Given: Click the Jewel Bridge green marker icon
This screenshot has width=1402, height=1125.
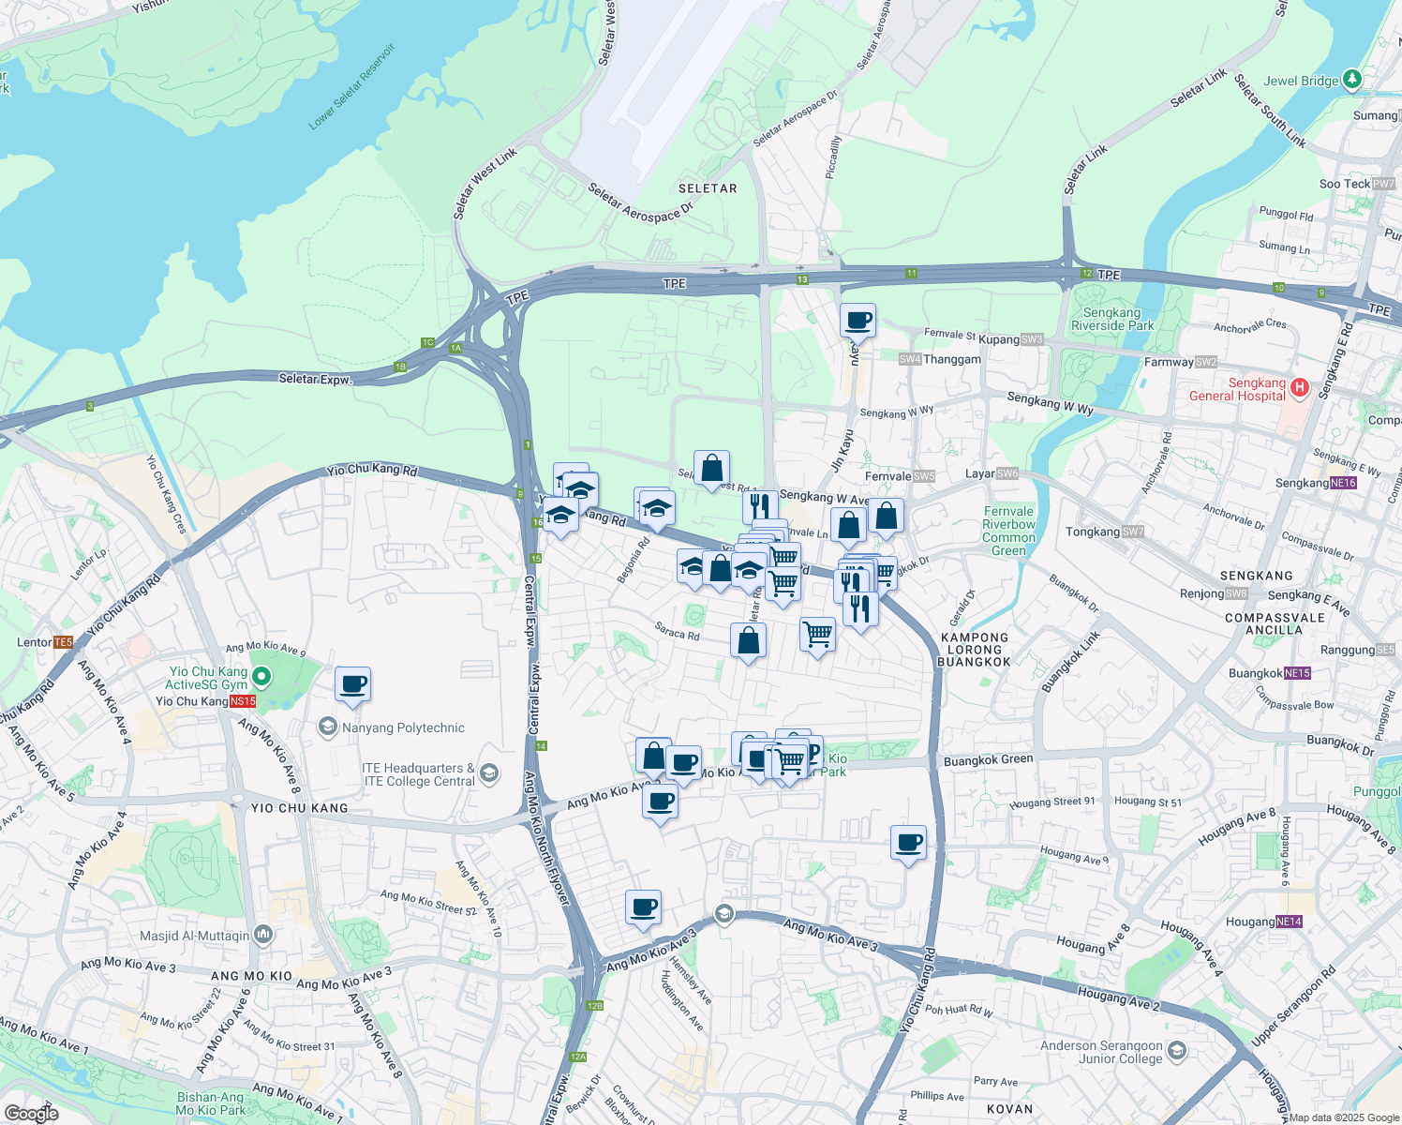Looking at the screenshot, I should pyautogui.click(x=1351, y=80).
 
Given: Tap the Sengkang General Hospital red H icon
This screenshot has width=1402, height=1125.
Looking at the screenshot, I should pyautogui.click(x=1299, y=387).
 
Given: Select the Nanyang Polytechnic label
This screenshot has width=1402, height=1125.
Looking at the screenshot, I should pyautogui.click(x=403, y=727).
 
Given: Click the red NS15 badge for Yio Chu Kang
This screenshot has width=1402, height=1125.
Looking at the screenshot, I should pyautogui.click(x=243, y=701).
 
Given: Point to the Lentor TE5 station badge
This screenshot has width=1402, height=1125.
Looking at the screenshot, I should pyautogui.click(x=63, y=642).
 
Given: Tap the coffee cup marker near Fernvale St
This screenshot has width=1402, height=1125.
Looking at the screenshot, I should pyautogui.click(x=858, y=321).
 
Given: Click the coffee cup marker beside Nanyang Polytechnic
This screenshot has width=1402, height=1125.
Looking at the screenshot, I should pyautogui.click(x=353, y=684).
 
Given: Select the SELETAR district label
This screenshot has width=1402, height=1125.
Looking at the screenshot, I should pyautogui.click(x=708, y=188).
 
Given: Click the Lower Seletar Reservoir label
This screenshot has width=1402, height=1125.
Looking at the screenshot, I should pyautogui.click(x=352, y=86).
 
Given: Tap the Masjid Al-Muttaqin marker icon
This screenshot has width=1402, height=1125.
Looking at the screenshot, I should pyautogui.click(x=263, y=934).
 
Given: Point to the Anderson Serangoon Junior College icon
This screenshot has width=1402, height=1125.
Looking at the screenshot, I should pyautogui.click(x=1177, y=1051).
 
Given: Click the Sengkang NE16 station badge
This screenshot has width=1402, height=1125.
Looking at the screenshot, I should pyautogui.click(x=1343, y=483).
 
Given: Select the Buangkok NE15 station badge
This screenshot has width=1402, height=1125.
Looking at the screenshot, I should pyautogui.click(x=1298, y=673).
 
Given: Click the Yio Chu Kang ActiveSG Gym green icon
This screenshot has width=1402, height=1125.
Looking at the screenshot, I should pyautogui.click(x=262, y=676).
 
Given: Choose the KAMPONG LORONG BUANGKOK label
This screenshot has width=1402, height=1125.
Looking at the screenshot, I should pyautogui.click(x=975, y=649).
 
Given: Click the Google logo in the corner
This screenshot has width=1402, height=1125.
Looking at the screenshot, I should pyautogui.click(x=31, y=1114).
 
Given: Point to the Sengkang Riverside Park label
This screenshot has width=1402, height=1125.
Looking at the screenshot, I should pyautogui.click(x=1111, y=319).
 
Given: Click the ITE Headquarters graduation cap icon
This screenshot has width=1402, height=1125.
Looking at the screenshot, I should pyautogui.click(x=488, y=773).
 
